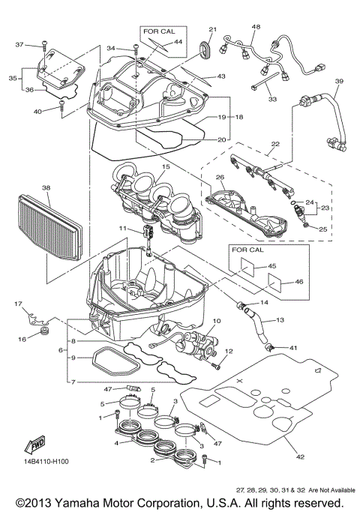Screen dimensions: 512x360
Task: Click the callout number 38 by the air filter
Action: point(25,188)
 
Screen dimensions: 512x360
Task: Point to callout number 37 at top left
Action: point(20,45)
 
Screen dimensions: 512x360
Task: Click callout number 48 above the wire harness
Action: point(256,27)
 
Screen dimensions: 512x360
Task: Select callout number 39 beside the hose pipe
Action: point(338,81)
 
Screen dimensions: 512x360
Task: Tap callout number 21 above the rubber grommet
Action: point(211,29)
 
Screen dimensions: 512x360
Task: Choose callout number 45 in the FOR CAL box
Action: point(272,265)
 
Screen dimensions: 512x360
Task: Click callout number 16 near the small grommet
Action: point(22,340)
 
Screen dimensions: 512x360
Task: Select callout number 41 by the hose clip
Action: point(293,348)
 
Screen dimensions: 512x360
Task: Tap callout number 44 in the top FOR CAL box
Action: point(178,43)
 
